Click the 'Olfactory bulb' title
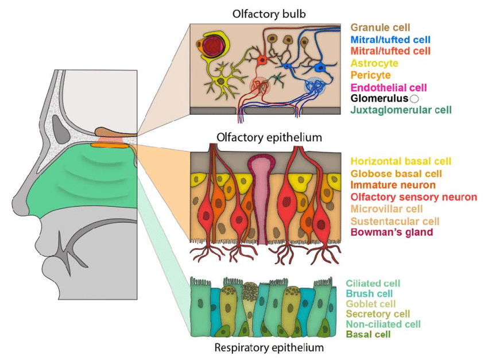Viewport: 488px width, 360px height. click(269, 13)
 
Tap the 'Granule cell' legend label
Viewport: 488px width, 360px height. click(380, 27)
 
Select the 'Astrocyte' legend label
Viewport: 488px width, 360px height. click(374, 63)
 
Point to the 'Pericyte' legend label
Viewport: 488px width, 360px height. click(370, 75)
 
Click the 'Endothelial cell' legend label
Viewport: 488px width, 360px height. click(388, 87)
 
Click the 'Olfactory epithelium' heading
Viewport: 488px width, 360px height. click(269, 138)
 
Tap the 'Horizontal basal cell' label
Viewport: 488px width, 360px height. click(400, 161)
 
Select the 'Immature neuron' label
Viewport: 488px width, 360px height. click(393, 185)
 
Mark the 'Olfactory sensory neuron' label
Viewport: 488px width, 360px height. click(413, 197)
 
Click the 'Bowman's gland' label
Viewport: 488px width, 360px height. click(391, 233)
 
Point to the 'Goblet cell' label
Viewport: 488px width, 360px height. click(371, 304)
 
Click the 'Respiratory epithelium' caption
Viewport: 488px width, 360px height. click(269, 347)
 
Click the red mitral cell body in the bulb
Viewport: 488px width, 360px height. click(262, 60)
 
